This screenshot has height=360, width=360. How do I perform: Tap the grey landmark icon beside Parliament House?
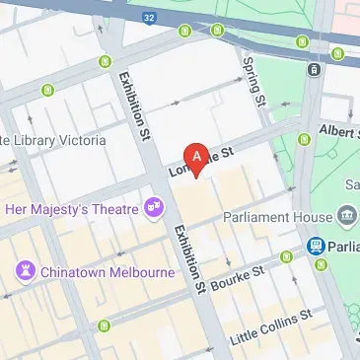coord(346,215)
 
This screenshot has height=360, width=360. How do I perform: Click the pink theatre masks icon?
coord(153,207)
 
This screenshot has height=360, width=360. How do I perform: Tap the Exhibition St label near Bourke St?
coord(188,254)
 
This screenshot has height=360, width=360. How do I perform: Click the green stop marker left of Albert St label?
coord(304,137)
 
